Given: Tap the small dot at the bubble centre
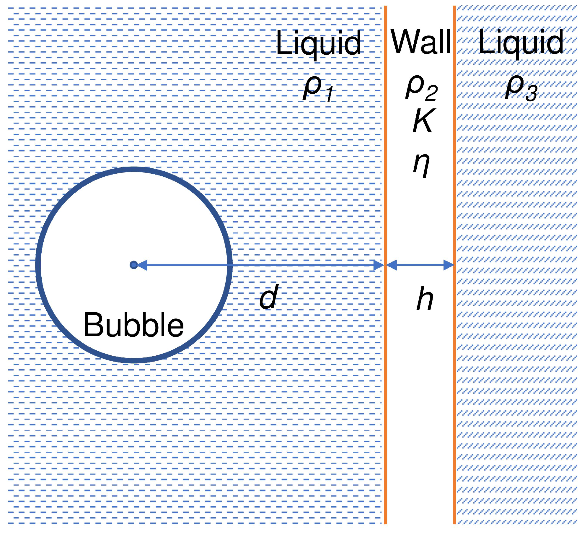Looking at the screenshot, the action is point(133,265).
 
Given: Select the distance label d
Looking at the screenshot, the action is point(269,296).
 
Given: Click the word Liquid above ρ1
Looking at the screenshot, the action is point(318,44).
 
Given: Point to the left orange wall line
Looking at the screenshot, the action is point(386,265).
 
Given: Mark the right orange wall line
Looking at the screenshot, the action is point(454,265).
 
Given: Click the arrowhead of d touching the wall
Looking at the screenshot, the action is point(379,265).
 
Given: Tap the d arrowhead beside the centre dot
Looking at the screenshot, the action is point(142,265).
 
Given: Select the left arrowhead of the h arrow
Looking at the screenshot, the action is point(392,265).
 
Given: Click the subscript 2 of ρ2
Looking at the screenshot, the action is point(431,92).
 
